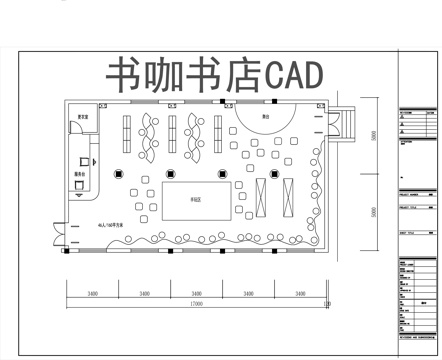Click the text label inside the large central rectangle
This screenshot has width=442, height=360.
click(x=197, y=200)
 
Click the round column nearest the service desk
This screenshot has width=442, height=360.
click(x=119, y=172)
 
